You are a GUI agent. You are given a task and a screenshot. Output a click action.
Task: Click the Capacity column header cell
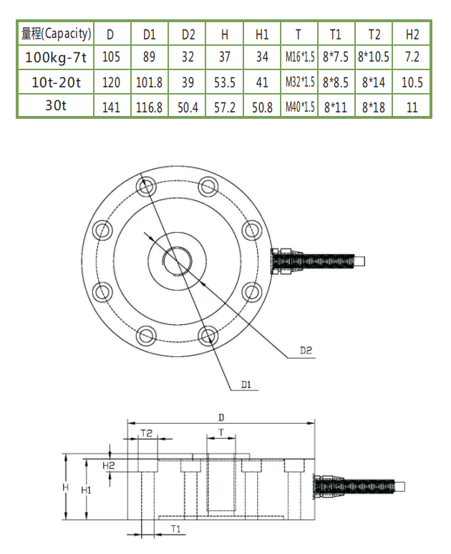point(57,33)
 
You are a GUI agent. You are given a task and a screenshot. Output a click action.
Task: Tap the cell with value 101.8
point(150,82)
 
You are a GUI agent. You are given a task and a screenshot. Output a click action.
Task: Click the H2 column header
point(412,34)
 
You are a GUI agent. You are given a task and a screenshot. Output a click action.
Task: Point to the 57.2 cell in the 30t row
point(225,107)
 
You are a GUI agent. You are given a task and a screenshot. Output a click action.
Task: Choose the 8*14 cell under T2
point(374,82)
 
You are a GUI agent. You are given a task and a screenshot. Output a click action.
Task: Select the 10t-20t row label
point(57,82)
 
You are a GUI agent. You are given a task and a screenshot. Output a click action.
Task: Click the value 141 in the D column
point(111,107)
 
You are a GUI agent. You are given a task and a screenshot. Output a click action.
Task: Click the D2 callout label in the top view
point(306,351)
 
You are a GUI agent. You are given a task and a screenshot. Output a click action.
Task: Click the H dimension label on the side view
point(66,487)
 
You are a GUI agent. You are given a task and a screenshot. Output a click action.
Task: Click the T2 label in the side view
point(146,433)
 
